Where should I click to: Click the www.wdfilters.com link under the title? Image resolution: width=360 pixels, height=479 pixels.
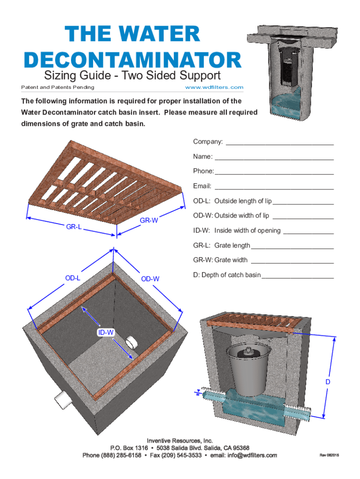(214, 87)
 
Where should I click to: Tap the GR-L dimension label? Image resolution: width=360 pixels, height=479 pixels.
(74, 227)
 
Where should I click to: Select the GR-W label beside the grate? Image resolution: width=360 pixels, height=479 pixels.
(149, 220)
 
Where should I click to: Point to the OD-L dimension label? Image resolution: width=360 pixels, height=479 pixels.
(72, 278)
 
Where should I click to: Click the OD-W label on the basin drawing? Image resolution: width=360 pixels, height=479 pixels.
(150, 279)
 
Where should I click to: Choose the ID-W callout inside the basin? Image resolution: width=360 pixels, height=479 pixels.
(106, 333)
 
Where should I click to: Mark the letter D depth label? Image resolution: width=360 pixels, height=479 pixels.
(328, 382)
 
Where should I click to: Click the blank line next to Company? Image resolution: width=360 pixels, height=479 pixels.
(280, 145)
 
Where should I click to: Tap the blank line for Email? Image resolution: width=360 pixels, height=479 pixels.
(274, 189)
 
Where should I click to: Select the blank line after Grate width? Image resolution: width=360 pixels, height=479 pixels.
(292, 263)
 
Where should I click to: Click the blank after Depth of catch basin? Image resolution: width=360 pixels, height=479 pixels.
(298, 278)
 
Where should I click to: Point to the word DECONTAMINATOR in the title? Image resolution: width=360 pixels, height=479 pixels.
(133, 60)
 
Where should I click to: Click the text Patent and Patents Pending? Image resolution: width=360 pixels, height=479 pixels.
(58, 87)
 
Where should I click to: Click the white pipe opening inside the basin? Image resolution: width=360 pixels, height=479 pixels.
(131, 343)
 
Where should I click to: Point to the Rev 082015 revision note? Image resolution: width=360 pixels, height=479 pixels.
(329, 455)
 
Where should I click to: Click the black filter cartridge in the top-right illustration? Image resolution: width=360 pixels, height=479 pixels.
(288, 66)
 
